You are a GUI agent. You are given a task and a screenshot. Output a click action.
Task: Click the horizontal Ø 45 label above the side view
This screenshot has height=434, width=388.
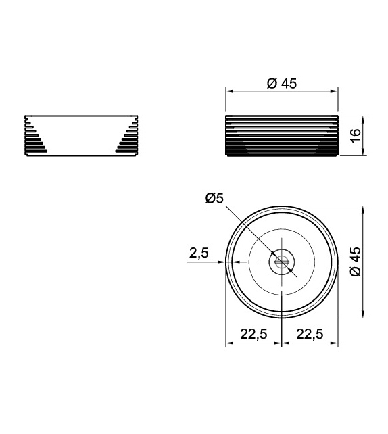(282, 83)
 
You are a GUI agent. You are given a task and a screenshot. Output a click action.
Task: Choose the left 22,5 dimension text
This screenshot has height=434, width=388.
(253, 333)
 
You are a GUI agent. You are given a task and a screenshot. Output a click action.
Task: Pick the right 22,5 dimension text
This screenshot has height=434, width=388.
(309, 333)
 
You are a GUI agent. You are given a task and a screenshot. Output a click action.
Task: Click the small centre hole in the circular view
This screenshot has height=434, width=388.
(281, 262)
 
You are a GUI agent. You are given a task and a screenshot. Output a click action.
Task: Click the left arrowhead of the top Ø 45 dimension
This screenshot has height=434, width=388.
(228, 91)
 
